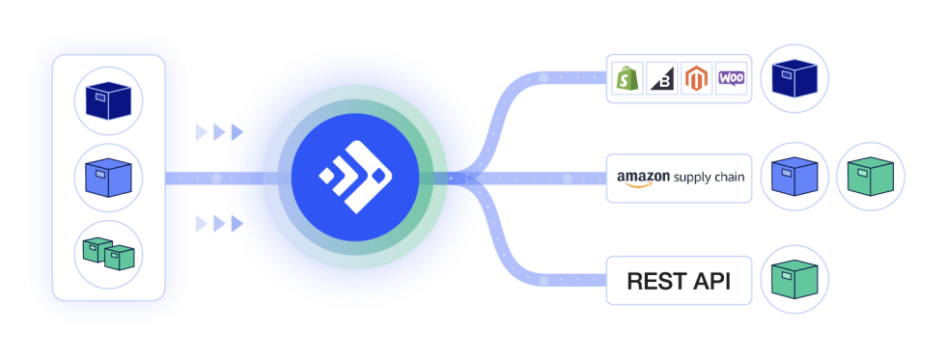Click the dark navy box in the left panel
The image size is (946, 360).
pos(108,100)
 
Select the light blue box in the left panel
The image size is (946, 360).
pos(108,179)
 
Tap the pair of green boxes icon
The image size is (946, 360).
pos(108,255)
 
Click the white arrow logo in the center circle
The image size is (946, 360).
pos(354,176)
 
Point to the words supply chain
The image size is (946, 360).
pos(709,178)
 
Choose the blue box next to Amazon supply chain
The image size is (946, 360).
pos(794,178)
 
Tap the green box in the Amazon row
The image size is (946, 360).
pos(870,178)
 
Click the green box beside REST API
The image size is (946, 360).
pos(794,280)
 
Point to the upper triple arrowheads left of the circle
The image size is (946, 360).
pos(218,131)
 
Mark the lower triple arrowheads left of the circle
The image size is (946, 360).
pos(218,224)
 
